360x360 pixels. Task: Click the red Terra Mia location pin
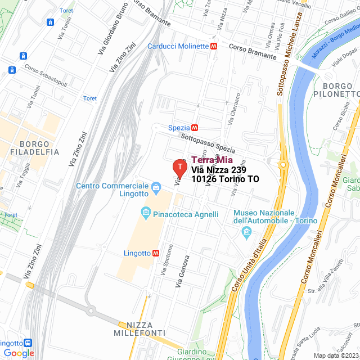[x=179, y=167]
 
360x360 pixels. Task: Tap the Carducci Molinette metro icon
[x=214, y=46]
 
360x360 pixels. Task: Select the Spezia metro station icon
[x=195, y=128]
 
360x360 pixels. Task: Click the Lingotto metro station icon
[x=155, y=253]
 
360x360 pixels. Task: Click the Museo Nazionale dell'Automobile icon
[x=246, y=232]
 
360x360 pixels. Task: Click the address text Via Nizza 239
[x=218, y=169]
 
